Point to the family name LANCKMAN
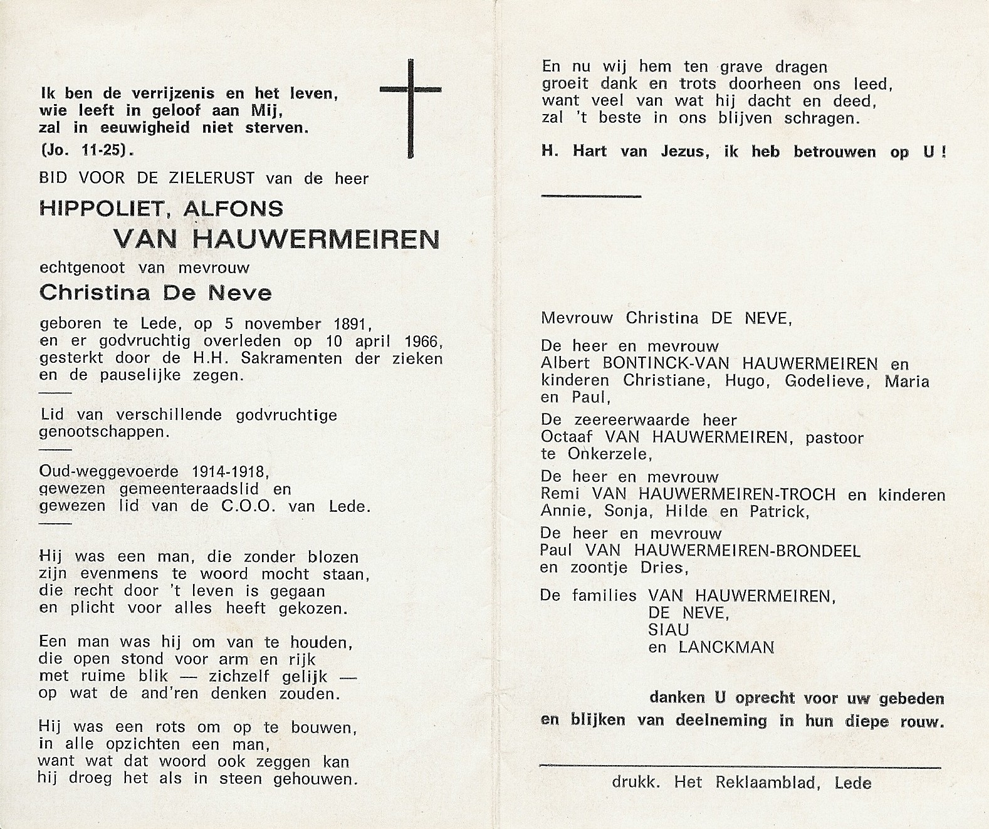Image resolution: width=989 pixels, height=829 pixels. click(x=726, y=647)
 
